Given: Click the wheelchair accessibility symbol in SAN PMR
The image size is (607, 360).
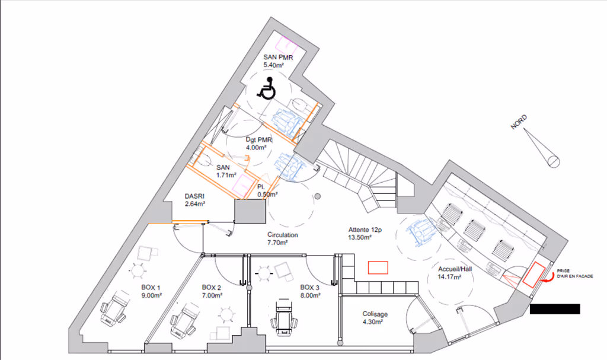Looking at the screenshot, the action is pos(267,88).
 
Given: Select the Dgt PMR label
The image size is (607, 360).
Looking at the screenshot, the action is pos(258,140).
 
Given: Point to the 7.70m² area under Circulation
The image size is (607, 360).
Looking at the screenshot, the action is pos(277,243).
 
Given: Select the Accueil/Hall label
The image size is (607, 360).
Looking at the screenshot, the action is pos(455,269).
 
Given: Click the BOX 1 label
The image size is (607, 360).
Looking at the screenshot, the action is pos(151,287).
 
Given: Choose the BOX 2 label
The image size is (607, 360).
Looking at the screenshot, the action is pos(212,287).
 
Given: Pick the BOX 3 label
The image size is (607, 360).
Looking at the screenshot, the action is pos(309,287).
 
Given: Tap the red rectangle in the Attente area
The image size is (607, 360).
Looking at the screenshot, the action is pos(378,267).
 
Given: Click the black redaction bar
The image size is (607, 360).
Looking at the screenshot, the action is pos(554,308).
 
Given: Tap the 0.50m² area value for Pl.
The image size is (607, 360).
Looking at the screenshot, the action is pos(268,194).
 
